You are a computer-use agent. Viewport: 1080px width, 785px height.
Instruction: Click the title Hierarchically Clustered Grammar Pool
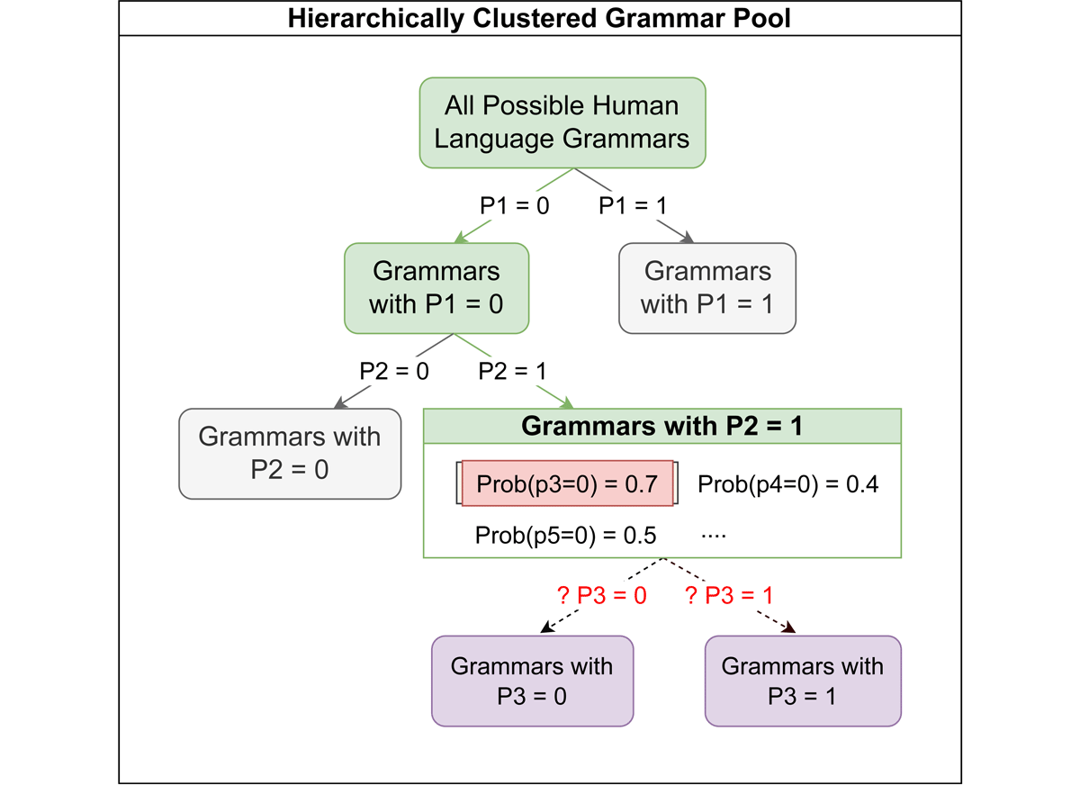pos(538,18)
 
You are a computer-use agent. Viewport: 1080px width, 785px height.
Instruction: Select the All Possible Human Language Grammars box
pos(562,123)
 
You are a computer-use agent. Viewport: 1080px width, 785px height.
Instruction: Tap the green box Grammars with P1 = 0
pos(436,288)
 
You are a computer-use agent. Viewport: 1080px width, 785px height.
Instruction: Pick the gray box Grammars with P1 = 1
pos(707,288)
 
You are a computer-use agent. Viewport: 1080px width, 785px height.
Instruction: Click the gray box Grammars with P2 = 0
pos(290,454)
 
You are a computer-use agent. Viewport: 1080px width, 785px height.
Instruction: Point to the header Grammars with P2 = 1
pos(662,426)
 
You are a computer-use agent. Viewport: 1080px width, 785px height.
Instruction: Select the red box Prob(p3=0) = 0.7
pos(567,483)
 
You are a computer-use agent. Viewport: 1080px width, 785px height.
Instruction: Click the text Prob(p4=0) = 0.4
pos(787,484)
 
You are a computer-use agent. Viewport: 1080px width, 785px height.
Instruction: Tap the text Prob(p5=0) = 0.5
pos(565,536)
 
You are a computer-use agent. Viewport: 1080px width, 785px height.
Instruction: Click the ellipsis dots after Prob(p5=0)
pos(714,536)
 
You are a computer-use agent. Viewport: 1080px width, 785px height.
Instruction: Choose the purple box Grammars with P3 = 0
pos(532,681)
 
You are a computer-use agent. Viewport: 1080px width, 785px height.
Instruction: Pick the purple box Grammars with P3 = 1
pos(803,681)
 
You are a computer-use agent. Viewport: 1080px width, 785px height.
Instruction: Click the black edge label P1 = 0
pos(515,206)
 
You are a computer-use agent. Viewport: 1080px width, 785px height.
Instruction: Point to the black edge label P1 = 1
pos(633,206)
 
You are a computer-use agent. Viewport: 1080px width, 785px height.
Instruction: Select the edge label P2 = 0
pos(394,371)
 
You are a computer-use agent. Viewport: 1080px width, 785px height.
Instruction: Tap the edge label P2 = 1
pos(512,371)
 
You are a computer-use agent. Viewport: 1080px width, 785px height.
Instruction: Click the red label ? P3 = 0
pos(602,595)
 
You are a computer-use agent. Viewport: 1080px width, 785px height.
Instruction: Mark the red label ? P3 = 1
pos(729,595)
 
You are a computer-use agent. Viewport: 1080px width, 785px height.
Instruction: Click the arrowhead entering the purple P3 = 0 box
pos(547,627)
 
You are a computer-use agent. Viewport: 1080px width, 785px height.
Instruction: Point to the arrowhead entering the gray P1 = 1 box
pos(688,238)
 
